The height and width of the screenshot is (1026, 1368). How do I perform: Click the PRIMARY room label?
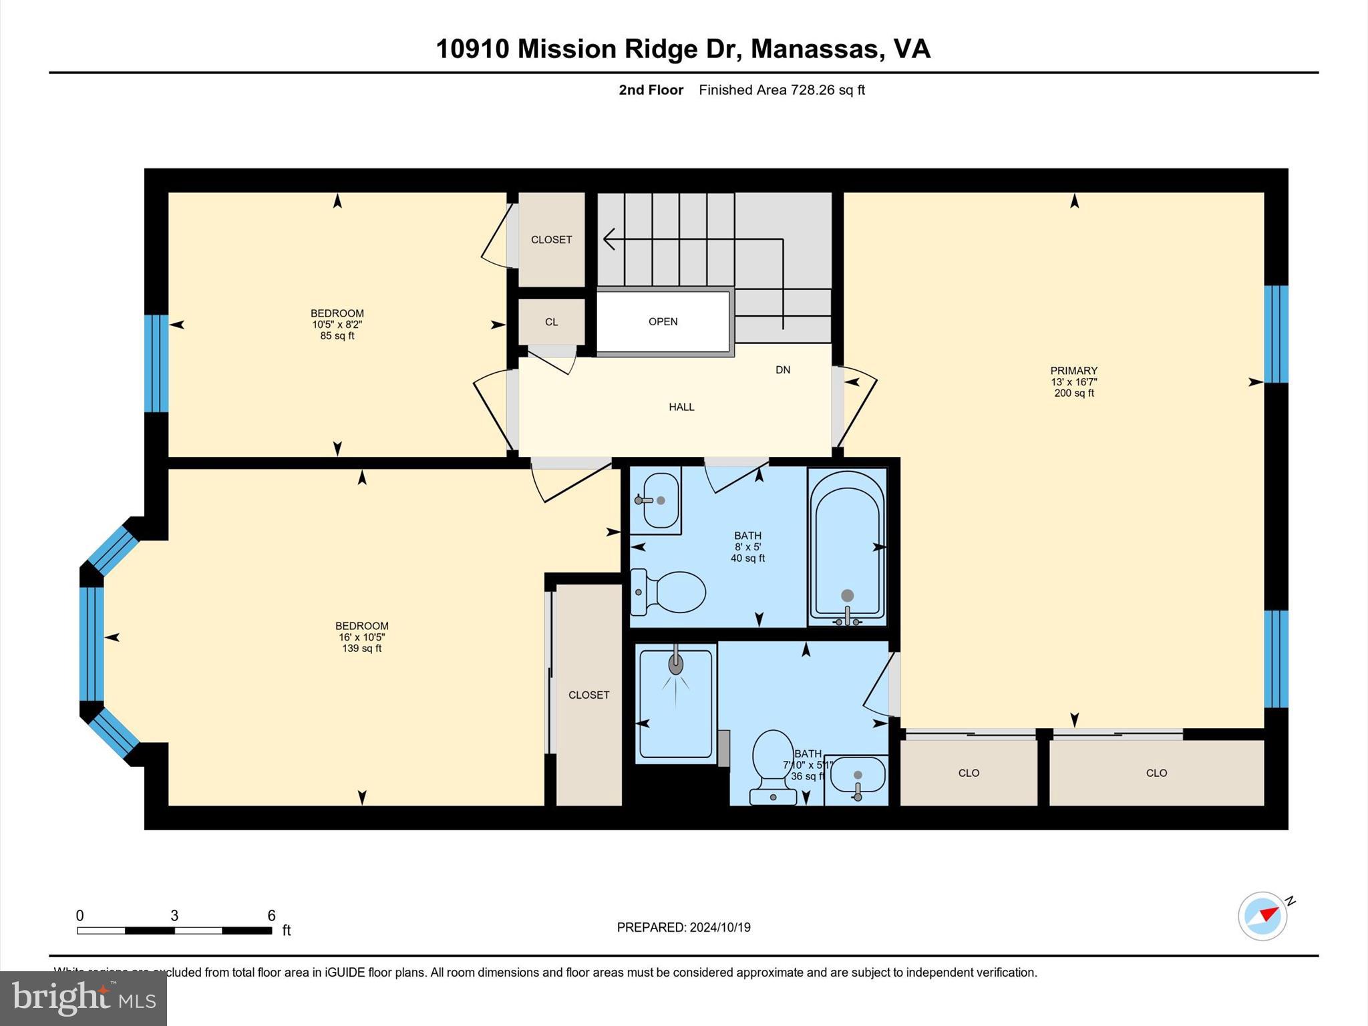click(1073, 371)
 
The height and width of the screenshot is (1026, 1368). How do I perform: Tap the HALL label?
click(681, 407)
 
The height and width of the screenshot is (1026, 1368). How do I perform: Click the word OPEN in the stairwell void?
click(663, 321)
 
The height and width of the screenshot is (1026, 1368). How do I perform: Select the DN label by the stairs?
click(783, 370)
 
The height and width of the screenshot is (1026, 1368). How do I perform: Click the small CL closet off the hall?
click(551, 322)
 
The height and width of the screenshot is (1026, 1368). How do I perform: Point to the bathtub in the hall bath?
click(847, 544)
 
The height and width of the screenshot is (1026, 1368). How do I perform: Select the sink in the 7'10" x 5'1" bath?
click(858, 778)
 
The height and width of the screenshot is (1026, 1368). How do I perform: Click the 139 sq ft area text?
click(361, 649)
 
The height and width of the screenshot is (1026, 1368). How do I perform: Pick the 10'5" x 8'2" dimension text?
click(337, 325)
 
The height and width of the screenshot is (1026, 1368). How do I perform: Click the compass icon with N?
click(1262, 916)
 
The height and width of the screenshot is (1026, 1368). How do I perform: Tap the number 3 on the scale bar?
click(174, 916)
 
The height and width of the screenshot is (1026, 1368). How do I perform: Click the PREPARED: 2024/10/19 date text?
click(683, 927)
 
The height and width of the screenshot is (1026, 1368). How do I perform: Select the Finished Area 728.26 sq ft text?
click(782, 90)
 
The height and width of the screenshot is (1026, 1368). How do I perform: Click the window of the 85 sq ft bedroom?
click(156, 363)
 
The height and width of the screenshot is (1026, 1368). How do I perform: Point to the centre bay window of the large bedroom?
click(92, 643)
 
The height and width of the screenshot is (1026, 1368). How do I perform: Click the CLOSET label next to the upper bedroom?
click(551, 240)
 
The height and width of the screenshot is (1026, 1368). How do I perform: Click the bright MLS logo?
click(83, 998)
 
